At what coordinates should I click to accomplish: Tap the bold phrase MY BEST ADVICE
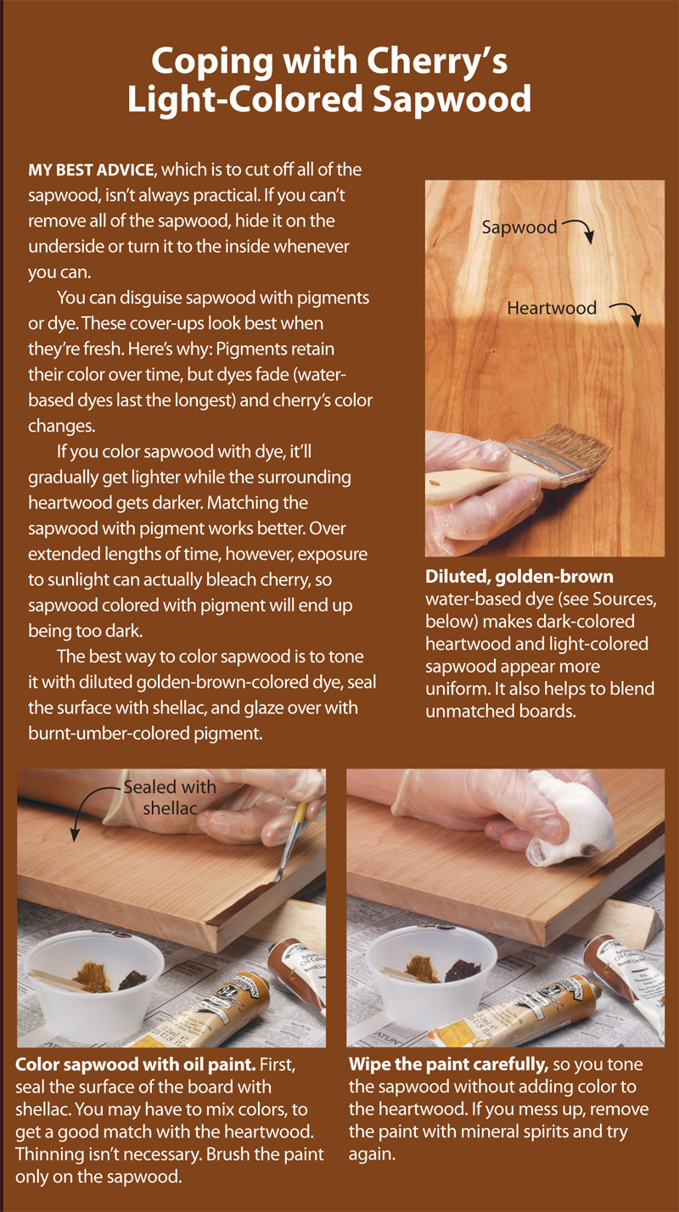click(x=87, y=170)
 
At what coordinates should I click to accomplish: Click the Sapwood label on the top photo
click(x=519, y=227)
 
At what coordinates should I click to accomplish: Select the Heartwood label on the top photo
click(x=552, y=308)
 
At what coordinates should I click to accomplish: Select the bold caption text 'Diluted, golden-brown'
click(x=519, y=578)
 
